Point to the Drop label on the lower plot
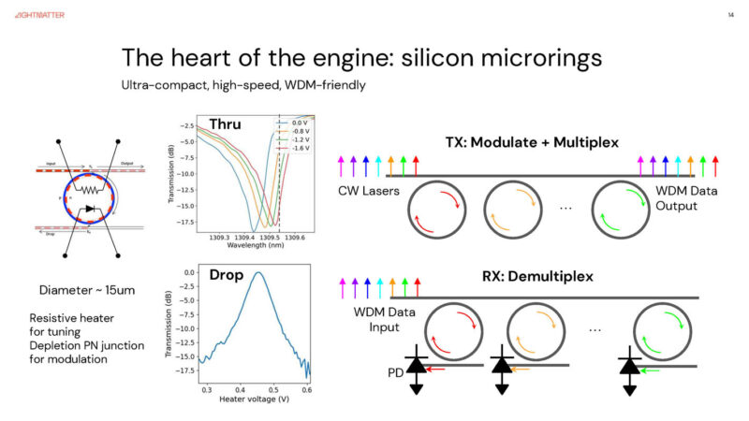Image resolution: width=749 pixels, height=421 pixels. (228, 278)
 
